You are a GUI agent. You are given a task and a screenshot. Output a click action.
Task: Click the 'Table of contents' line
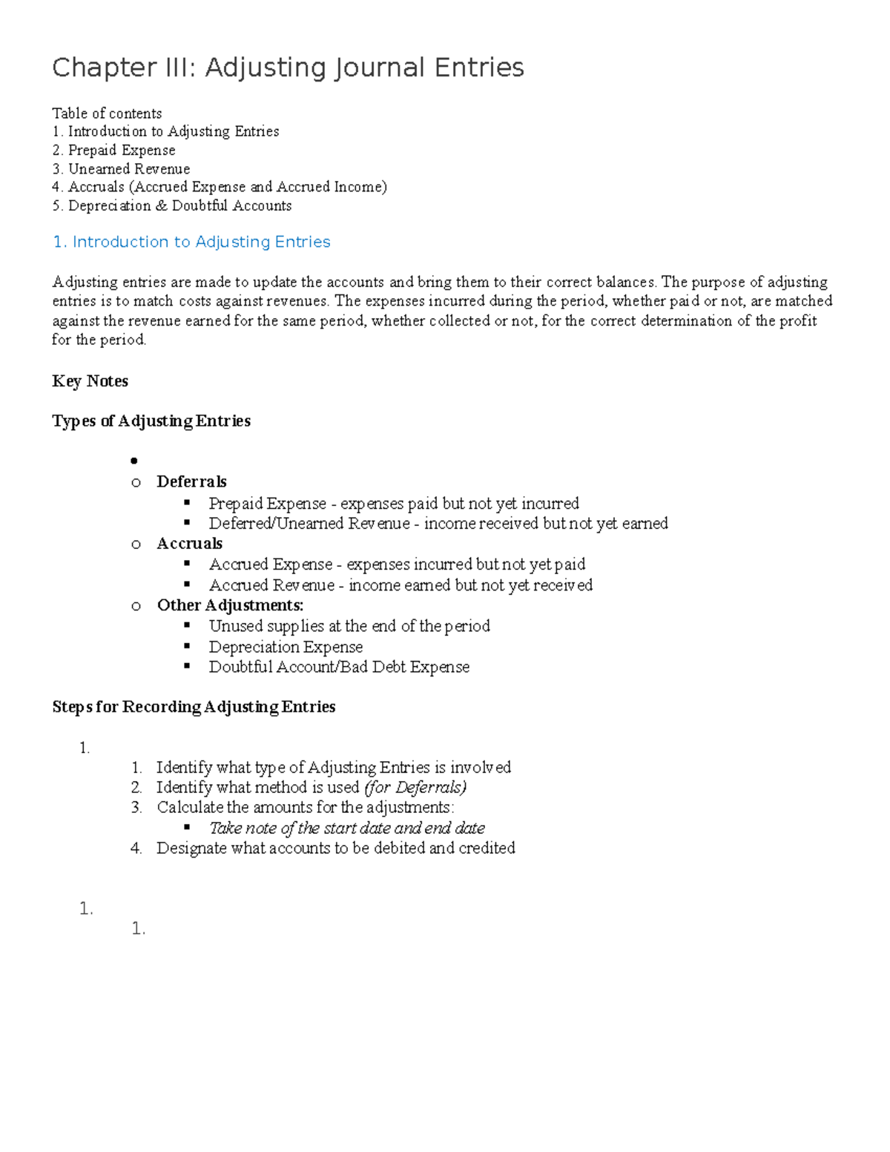point(107,113)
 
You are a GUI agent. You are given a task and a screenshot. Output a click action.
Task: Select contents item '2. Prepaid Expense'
point(114,150)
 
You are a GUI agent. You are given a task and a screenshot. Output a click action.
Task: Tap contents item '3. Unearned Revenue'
point(121,168)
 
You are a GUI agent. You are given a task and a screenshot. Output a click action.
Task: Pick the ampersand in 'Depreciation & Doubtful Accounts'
point(161,205)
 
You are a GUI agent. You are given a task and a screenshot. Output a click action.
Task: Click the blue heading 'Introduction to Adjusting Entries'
point(201,242)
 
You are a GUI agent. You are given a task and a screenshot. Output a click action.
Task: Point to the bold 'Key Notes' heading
point(90,381)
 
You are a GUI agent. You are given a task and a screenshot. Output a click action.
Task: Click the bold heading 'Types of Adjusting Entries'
point(151,421)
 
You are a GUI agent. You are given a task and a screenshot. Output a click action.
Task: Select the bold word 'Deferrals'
point(191,482)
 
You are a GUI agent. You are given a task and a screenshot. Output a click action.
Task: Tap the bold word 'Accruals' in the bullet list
point(189,544)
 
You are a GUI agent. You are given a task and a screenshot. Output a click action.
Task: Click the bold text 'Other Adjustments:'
point(230,605)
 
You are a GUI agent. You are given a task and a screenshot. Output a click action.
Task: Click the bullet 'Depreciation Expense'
point(286,647)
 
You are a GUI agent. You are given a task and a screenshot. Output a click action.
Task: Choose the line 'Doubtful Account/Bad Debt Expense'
point(339,667)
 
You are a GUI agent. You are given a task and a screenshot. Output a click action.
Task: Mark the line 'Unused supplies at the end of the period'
point(349,626)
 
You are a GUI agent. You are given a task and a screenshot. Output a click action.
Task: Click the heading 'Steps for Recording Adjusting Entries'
point(194,707)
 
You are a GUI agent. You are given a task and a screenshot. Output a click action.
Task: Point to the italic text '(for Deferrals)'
point(415,787)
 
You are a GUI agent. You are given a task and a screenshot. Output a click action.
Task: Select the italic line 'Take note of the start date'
point(346,828)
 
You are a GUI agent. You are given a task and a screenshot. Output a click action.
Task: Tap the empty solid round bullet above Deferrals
point(134,461)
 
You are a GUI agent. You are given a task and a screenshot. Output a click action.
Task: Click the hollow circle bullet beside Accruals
point(136,544)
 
